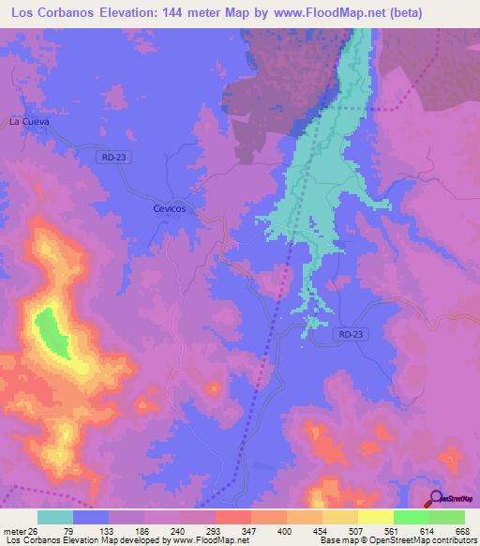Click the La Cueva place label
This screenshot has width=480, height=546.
click(28, 122)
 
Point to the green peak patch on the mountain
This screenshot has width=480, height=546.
click(52, 333)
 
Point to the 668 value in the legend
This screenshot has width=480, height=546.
click(463, 530)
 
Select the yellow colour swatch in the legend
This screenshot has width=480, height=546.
click(375, 517)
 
